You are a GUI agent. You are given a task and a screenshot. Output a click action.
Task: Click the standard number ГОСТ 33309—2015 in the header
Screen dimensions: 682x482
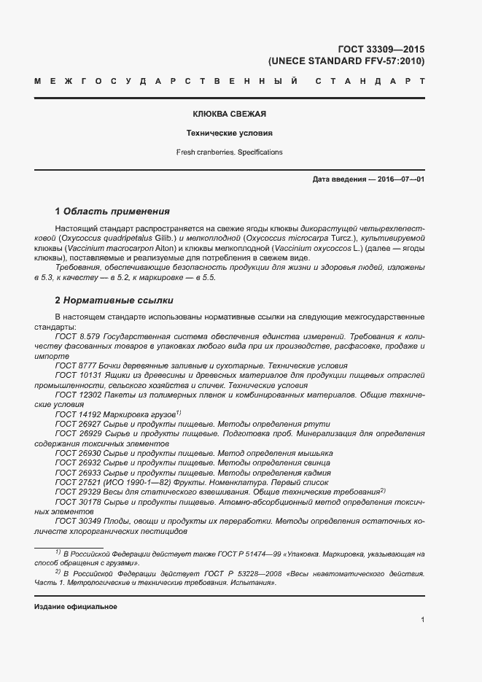click(381, 50)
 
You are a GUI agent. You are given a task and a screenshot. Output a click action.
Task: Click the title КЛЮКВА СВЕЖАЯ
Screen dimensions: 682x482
click(229, 115)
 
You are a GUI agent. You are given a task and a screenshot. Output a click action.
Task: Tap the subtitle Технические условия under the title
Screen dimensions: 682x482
click(229, 134)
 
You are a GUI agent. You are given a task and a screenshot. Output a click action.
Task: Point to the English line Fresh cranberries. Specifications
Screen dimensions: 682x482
click(229, 152)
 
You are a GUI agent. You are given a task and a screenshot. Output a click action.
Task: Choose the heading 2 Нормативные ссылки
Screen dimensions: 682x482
click(114, 301)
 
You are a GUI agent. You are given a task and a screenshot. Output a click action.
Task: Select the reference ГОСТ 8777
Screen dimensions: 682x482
click(76, 365)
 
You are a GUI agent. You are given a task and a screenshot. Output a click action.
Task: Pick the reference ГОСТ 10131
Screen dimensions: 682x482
click(78, 375)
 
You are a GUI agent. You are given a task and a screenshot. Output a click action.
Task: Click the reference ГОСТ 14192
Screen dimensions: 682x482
click(78, 414)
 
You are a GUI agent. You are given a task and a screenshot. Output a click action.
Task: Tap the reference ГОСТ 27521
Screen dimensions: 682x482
click(78, 483)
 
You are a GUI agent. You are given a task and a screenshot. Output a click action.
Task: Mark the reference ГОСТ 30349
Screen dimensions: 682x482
click(78, 522)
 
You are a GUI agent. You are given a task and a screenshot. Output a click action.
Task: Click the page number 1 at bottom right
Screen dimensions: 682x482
click(422, 620)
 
